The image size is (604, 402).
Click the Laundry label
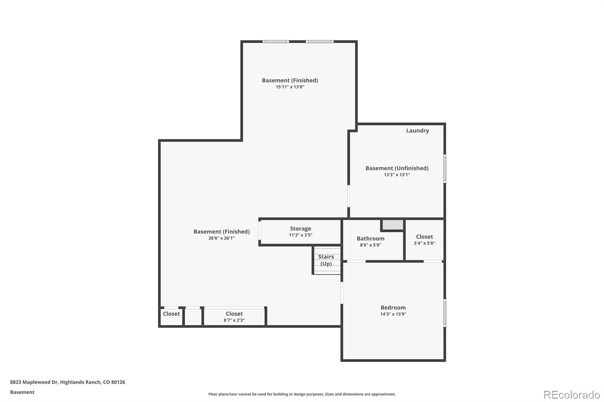[x=417, y=130]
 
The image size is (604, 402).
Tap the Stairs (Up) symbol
[x=327, y=260]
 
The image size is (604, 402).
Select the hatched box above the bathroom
[x=393, y=225]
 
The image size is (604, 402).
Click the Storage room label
[x=300, y=229]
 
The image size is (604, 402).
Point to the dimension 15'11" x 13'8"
[x=290, y=87]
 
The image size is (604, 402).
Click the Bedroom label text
[x=393, y=308]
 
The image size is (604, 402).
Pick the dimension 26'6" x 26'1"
[x=221, y=238]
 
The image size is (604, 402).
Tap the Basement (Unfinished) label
[x=397, y=168]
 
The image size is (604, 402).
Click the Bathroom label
[x=370, y=238]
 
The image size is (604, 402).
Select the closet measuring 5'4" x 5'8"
[x=424, y=240]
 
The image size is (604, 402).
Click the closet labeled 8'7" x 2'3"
[x=234, y=316]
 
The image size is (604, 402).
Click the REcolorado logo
[x=572, y=394]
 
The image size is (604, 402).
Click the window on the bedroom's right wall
[x=445, y=313]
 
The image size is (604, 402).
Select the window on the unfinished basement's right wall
[x=445, y=169]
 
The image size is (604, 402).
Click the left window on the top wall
[x=276, y=41]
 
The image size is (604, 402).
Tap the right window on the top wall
[x=319, y=41]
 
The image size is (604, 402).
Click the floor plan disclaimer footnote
[x=302, y=394]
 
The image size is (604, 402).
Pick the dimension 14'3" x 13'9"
[x=393, y=314]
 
